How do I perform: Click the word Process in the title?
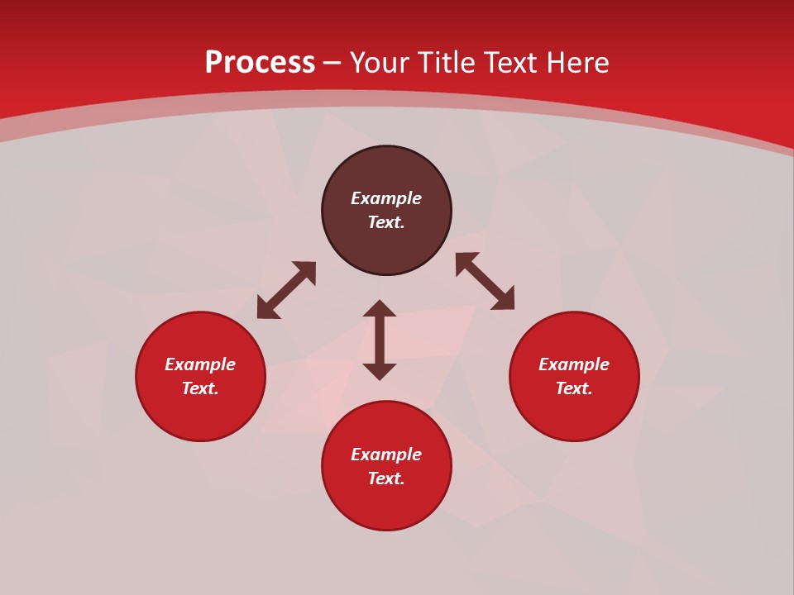(260, 63)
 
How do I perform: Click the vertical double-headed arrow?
(380, 340)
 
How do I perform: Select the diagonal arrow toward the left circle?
(286, 290)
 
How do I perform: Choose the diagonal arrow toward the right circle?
(485, 282)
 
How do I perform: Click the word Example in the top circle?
(386, 198)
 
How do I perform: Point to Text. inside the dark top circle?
(386, 222)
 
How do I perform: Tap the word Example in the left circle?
(200, 364)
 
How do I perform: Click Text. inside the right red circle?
(574, 388)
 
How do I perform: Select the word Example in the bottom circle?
(386, 455)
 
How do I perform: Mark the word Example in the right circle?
(574, 364)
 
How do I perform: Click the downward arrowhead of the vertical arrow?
(380, 371)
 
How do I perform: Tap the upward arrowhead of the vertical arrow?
(380, 308)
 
